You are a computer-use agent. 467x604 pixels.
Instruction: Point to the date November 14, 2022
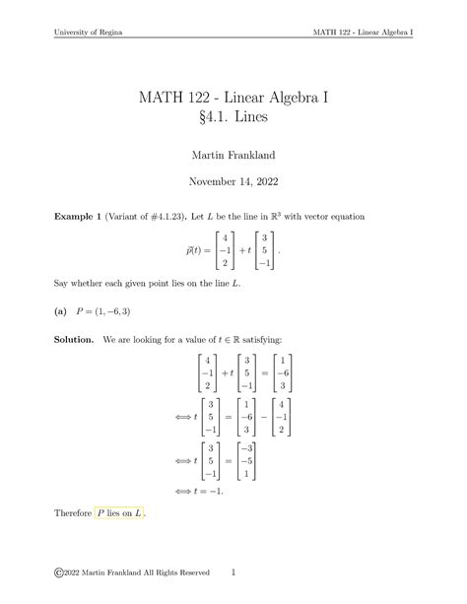coord(233,182)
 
